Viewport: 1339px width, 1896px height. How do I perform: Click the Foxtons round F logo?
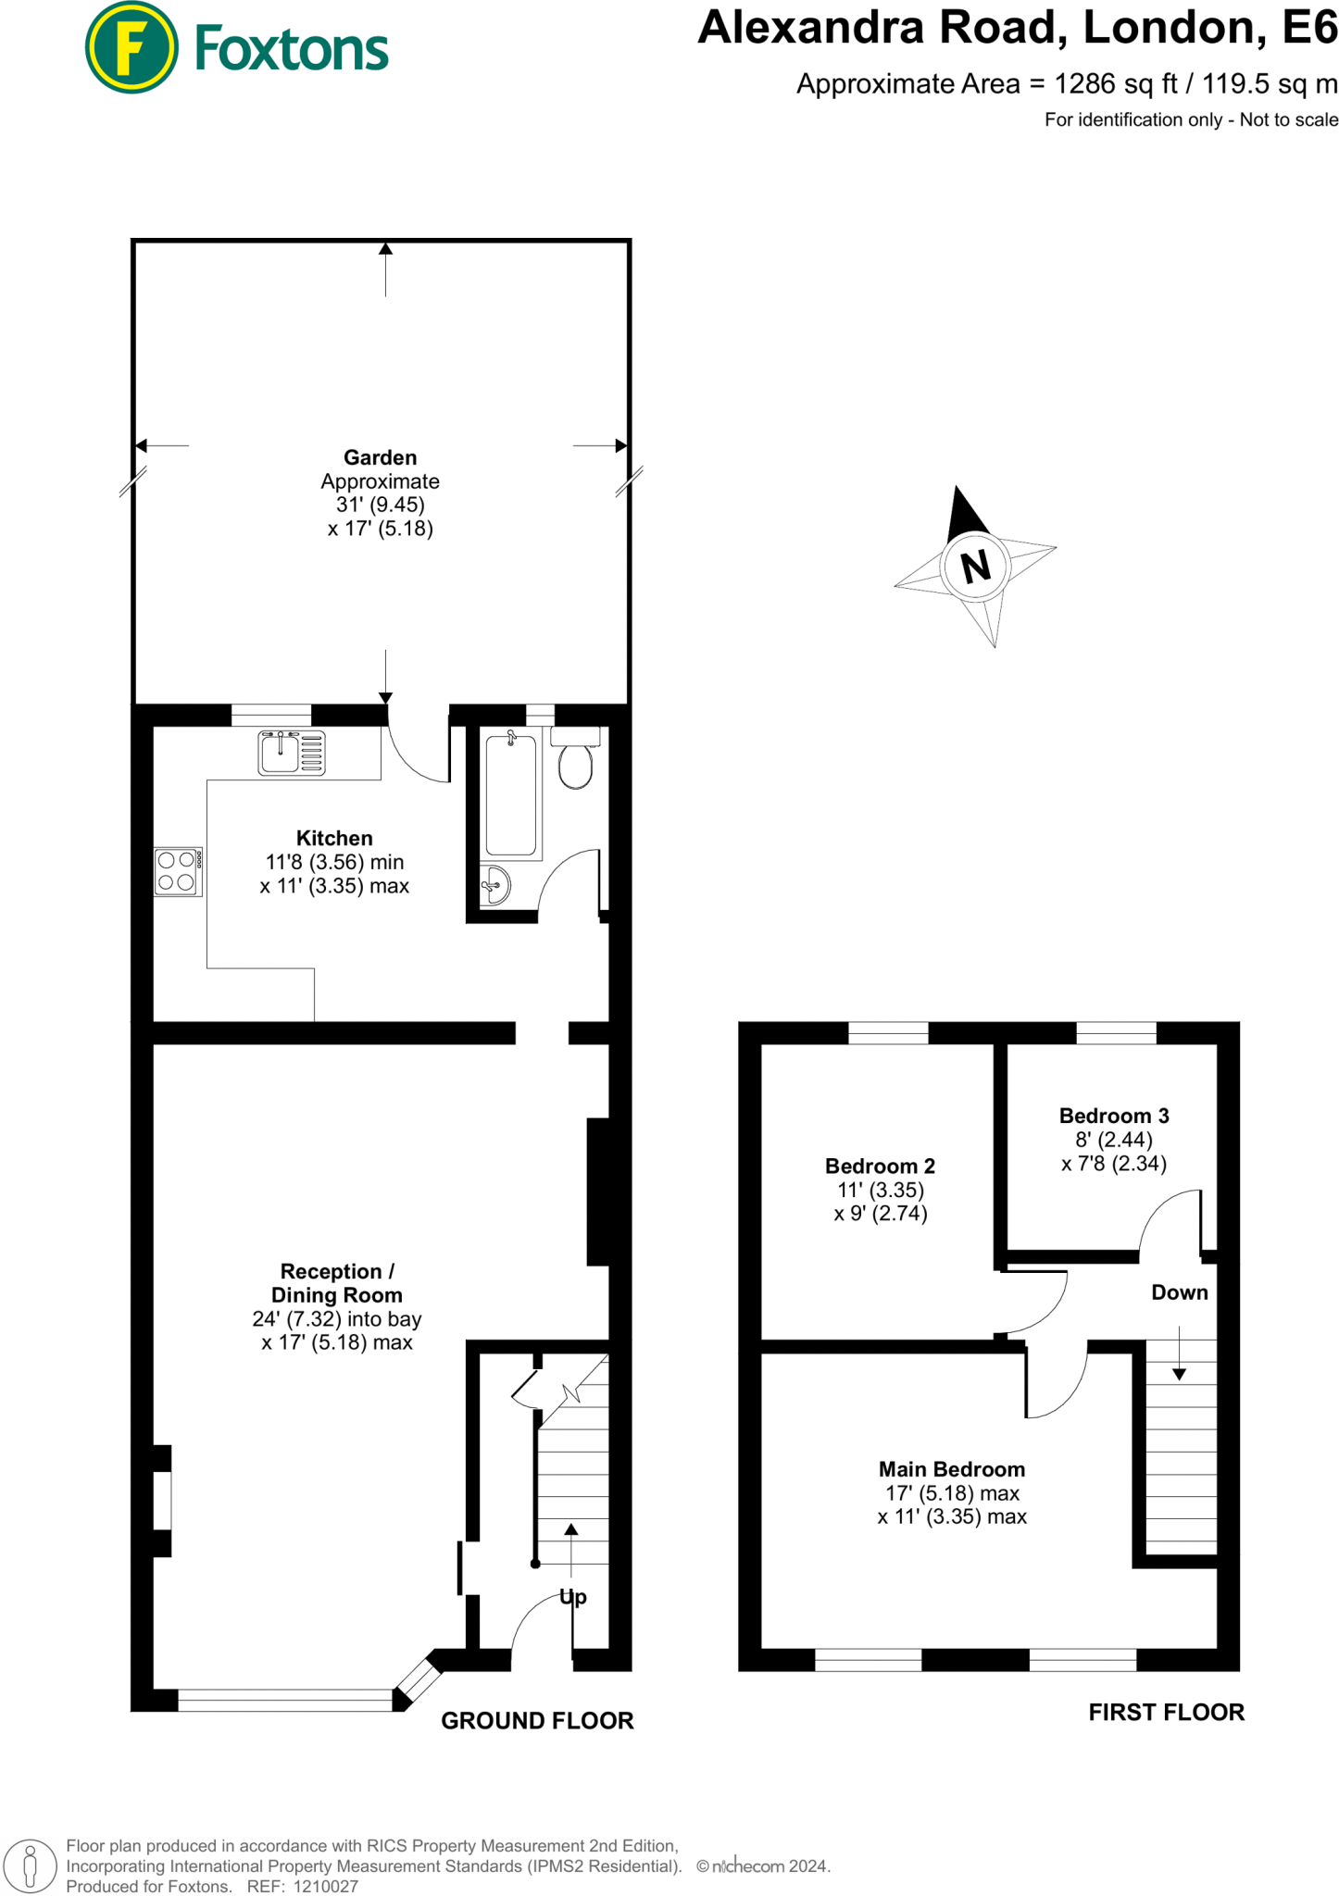tap(131, 47)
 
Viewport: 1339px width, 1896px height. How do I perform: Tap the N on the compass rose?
tap(975, 566)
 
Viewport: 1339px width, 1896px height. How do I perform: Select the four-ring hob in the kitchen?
tap(177, 871)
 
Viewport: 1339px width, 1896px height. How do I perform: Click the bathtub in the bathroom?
tap(511, 794)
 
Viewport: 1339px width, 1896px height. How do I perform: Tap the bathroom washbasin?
tap(495, 886)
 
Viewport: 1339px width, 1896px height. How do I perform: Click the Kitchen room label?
tap(334, 838)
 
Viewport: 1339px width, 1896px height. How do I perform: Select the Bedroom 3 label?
tap(1114, 1116)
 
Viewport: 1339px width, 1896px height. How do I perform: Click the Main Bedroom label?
tap(952, 1469)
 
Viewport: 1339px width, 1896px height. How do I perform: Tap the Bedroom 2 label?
tap(880, 1166)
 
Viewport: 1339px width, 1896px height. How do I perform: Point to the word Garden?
tap(380, 457)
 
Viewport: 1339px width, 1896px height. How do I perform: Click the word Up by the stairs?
tap(573, 1597)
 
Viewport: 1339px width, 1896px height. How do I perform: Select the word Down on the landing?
tap(1179, 1292)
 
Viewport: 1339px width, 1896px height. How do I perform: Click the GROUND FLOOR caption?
tap(537, 1721)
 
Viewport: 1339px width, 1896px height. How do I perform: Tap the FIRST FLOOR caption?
tap(1166, 1713)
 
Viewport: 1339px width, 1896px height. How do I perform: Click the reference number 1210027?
tap(325, 1887)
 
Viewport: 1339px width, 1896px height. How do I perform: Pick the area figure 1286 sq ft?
tap(1116, 84)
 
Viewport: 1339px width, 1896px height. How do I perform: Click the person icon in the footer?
tap(30, 1866)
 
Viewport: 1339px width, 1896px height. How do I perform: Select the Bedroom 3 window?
tap(1116, 1032)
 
